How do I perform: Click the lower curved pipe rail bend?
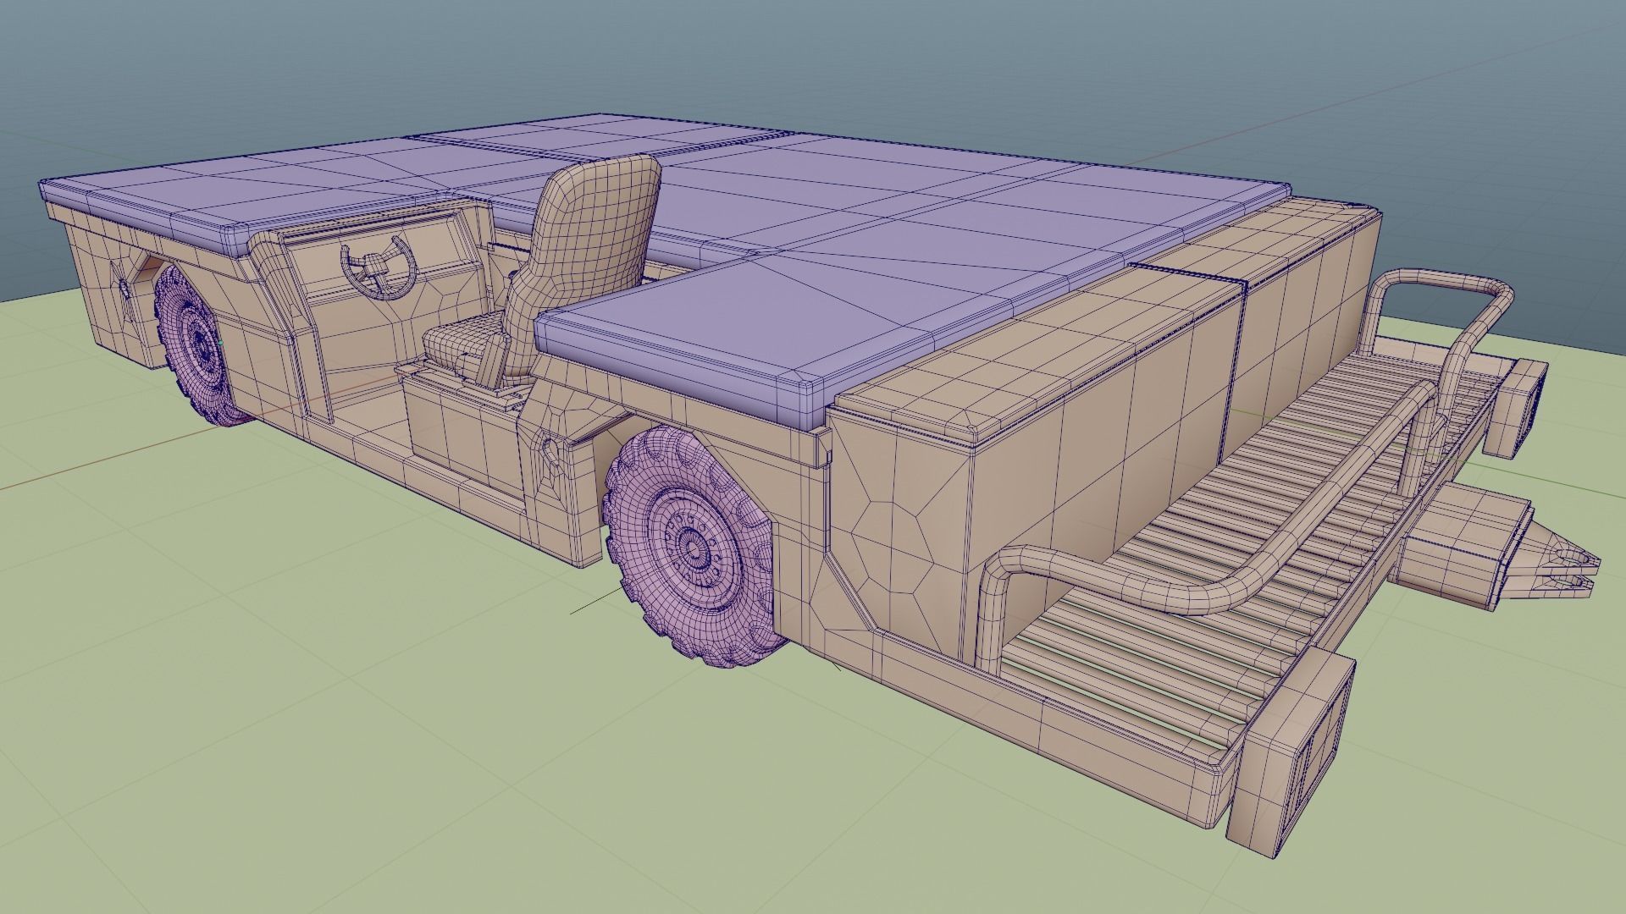1008,562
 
